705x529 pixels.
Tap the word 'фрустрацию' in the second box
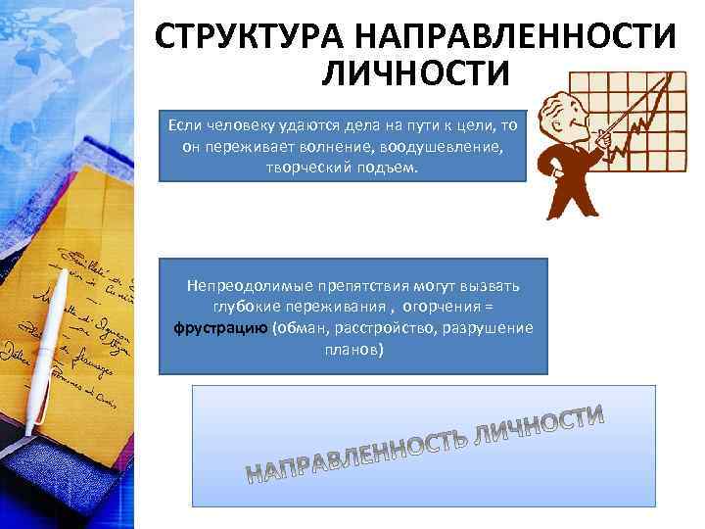214,327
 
